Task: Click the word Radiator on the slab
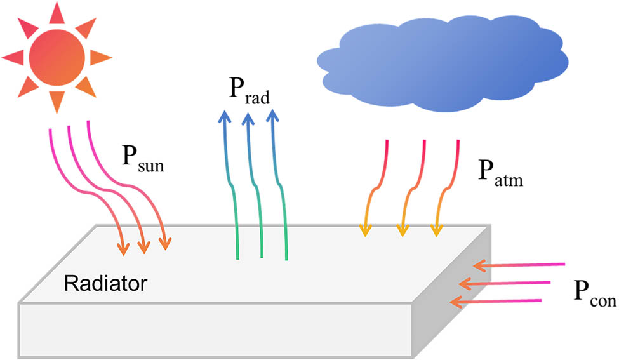(106, 281)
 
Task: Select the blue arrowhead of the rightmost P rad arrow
(272, 116)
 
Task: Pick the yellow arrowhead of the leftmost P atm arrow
(365, 230)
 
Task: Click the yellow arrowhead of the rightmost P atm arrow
(436, 230)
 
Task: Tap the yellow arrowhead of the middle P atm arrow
(401, 230)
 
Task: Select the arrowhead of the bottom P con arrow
(455, 300)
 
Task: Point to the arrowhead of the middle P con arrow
(467, 282)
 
